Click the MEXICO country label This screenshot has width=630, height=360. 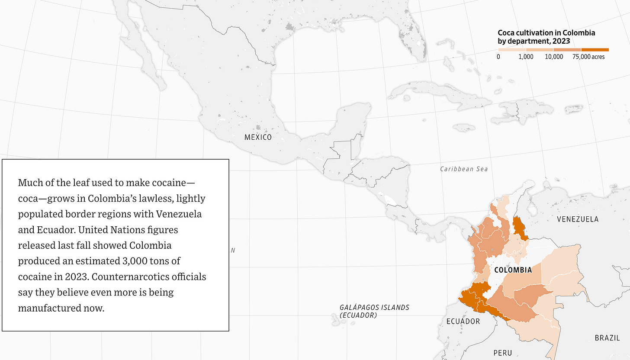258,137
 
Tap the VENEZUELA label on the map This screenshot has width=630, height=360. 578,219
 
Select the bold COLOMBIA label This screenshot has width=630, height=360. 513,270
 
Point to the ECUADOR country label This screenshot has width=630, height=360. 463,321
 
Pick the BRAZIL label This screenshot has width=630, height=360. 607,338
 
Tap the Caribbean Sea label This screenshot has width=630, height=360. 464,169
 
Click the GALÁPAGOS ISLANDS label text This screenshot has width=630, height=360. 374,307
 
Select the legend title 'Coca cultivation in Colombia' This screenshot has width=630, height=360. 546,33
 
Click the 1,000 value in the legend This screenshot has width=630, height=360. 526,57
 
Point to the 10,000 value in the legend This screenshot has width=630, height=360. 554,57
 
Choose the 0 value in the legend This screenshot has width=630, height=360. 499,57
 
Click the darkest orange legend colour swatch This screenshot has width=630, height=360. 595,50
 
